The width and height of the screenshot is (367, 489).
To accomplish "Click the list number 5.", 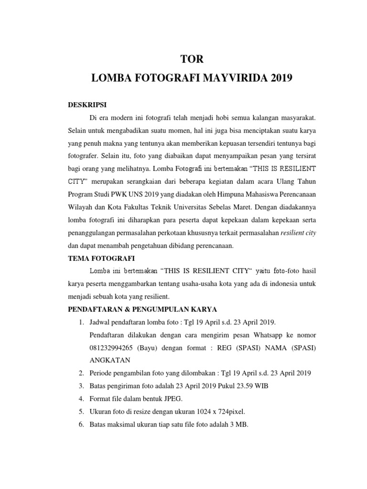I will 81,411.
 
